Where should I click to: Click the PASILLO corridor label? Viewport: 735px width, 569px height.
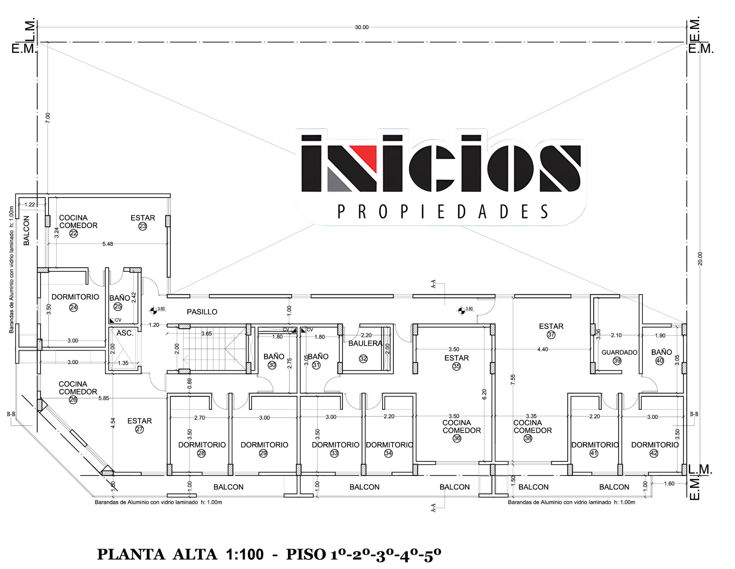[202, 312]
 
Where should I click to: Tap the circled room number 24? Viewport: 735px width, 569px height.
[73, 307]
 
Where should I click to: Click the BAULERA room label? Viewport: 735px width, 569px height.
[365, 343]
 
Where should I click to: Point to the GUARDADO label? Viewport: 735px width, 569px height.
[619, 352]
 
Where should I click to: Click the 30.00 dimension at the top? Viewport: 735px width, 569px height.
[362, 27]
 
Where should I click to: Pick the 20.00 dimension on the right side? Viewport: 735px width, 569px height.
[700, 259]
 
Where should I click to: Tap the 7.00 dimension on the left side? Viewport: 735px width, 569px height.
[48, 118]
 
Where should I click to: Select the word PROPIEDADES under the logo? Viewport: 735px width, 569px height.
[443, 212]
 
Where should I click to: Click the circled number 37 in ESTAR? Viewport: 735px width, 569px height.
[551, 335]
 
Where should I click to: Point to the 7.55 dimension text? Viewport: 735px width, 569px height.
[513, 379]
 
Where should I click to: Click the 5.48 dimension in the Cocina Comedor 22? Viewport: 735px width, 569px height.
[108, 244]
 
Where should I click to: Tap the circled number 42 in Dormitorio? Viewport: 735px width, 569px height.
[654, 453]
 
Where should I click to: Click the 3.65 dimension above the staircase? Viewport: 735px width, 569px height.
[207, 333]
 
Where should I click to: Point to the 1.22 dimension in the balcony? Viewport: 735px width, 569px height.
[30, 205]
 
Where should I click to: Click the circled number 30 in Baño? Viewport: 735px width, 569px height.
[272, 365]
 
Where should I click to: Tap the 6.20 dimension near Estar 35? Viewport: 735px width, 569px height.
[484, 394]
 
